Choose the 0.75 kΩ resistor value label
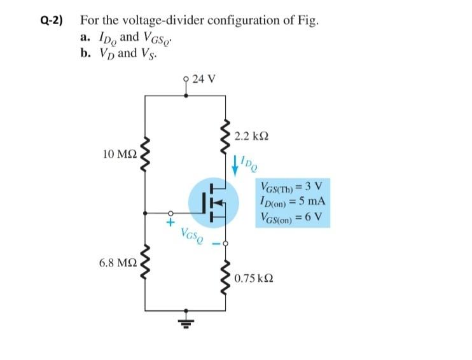tap(253, 279)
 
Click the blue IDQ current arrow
tap(237, 163)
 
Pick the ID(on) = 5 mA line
tap(291, 201)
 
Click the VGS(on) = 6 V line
tap(291, 215)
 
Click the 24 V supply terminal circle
tap(186, 80)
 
